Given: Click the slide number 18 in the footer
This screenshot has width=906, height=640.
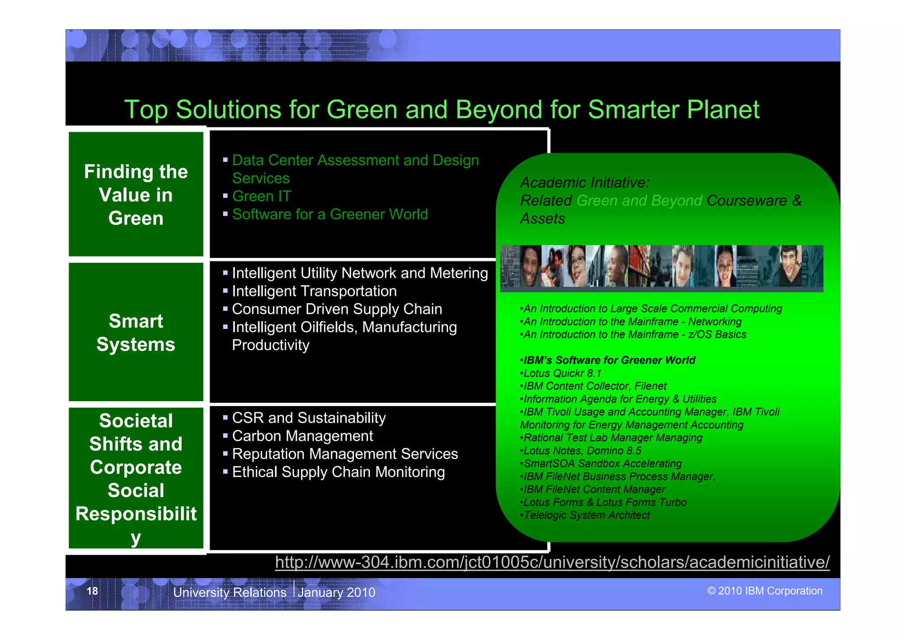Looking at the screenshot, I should point(92,591).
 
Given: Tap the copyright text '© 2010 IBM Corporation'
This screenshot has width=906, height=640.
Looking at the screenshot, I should point(764,591).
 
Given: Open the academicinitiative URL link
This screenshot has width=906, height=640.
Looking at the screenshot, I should point(552,562).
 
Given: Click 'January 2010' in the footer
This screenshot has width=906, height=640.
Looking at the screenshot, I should point(336,592).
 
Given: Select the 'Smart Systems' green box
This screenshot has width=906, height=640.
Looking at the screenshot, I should point(136,332).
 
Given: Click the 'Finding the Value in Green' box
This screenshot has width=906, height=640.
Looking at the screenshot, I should point(136,195).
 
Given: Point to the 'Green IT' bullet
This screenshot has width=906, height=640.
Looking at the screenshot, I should point(261,196).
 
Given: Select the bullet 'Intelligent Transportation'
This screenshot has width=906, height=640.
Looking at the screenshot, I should point(314,291).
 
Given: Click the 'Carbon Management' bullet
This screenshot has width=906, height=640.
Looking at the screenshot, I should point(302,436).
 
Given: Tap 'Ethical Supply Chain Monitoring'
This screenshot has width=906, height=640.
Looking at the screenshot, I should point(338,472).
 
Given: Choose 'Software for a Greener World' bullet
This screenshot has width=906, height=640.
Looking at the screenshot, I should point(330,214).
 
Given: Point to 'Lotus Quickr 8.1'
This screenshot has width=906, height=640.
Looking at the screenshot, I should point(562,373).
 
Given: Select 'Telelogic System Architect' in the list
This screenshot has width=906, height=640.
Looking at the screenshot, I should point(587,515).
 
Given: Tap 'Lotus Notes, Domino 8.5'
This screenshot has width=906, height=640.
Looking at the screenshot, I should point(582,451).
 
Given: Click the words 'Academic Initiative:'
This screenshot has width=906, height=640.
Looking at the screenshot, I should point(584,182).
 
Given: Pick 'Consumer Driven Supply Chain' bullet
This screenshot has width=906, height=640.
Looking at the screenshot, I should point(337,309).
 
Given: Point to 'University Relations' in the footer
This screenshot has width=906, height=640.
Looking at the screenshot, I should point(230,592).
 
